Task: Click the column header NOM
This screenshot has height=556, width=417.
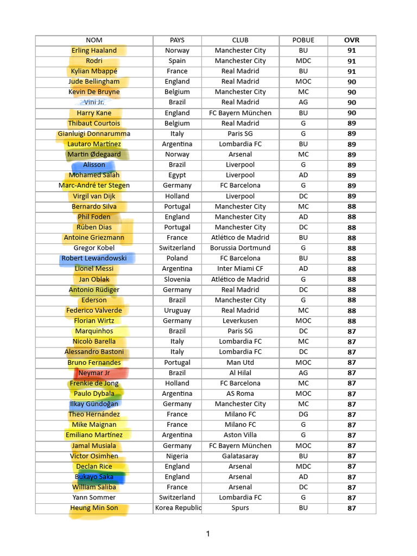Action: [94, 40]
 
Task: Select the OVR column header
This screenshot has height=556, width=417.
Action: [351, 40]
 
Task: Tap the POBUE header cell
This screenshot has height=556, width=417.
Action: [303, 40]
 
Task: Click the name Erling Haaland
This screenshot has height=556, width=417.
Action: [94, 50]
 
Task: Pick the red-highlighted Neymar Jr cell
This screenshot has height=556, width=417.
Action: [94, 373]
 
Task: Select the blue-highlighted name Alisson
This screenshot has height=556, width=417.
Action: [94, 165]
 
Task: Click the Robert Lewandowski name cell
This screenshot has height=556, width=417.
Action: [94, 258]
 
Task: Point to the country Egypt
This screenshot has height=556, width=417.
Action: [177, 175]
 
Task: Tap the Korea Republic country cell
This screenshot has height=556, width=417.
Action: [177, 508]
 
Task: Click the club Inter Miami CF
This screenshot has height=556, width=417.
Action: [240, 269]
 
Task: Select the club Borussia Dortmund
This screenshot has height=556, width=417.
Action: [240, 248]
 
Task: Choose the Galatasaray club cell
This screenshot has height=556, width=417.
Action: [240, 456]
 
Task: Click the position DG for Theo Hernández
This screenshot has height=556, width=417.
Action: [303, 414]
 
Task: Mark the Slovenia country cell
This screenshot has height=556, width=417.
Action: [177, 280]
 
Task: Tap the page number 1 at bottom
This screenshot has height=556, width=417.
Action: [208, 534]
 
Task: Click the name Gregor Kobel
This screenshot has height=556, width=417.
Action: [94, 248]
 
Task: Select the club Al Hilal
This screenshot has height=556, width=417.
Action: [240, 373]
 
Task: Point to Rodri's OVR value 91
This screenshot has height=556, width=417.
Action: [351, 61]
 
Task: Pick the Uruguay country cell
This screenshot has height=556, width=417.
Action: [177, 311]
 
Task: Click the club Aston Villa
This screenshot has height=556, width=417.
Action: [240, 435]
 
